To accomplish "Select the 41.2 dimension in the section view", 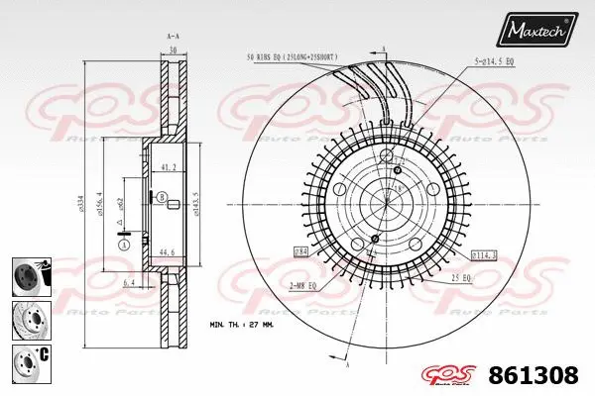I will tap(169, 168).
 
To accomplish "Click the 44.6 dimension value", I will tap(169, 252).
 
